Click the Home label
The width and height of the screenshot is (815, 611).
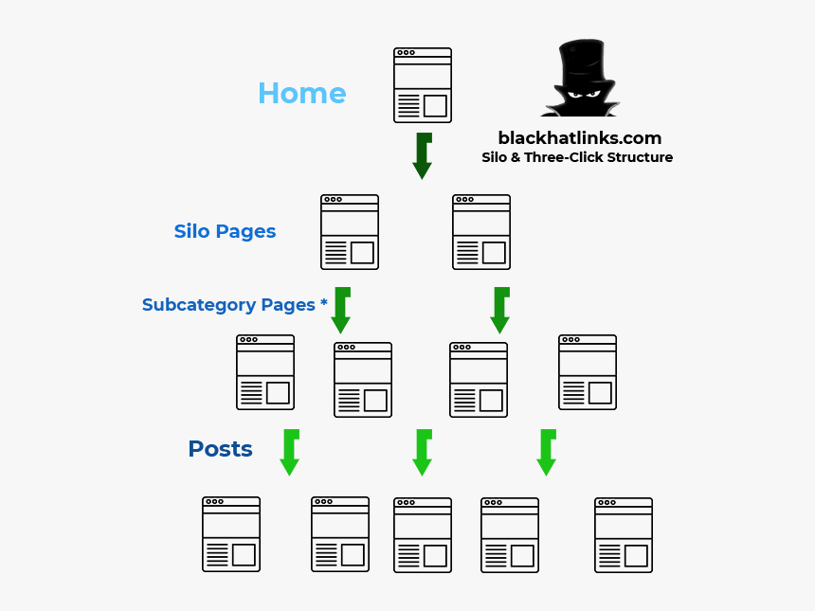[301, 94]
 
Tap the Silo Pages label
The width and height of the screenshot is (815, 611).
[225, 231]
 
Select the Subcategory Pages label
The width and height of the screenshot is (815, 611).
[228, 305]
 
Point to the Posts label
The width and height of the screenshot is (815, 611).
[220, 449]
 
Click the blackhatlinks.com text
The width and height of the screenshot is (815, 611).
[579, 138]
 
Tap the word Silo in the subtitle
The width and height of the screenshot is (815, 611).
[494, 157]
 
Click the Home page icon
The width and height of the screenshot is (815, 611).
[423, 85]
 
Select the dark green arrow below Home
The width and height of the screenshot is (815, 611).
[423, 156]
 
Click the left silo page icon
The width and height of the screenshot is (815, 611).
[350, 232]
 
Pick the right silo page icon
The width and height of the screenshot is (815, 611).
[481, 232]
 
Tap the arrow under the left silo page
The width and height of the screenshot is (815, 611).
[341, 310]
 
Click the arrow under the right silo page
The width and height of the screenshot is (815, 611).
[500, 310]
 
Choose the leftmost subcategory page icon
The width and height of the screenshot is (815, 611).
[265, 371]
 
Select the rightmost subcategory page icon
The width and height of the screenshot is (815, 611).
[588, 371]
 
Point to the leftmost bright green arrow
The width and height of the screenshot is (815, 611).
[290, 452]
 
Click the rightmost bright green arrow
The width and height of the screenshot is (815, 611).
[546, 452]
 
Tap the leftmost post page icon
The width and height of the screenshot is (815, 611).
[231, 534]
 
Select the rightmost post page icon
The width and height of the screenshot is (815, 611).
[624, 535]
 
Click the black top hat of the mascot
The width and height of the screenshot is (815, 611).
[581, 63]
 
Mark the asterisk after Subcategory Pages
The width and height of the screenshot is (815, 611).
[324, 303]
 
